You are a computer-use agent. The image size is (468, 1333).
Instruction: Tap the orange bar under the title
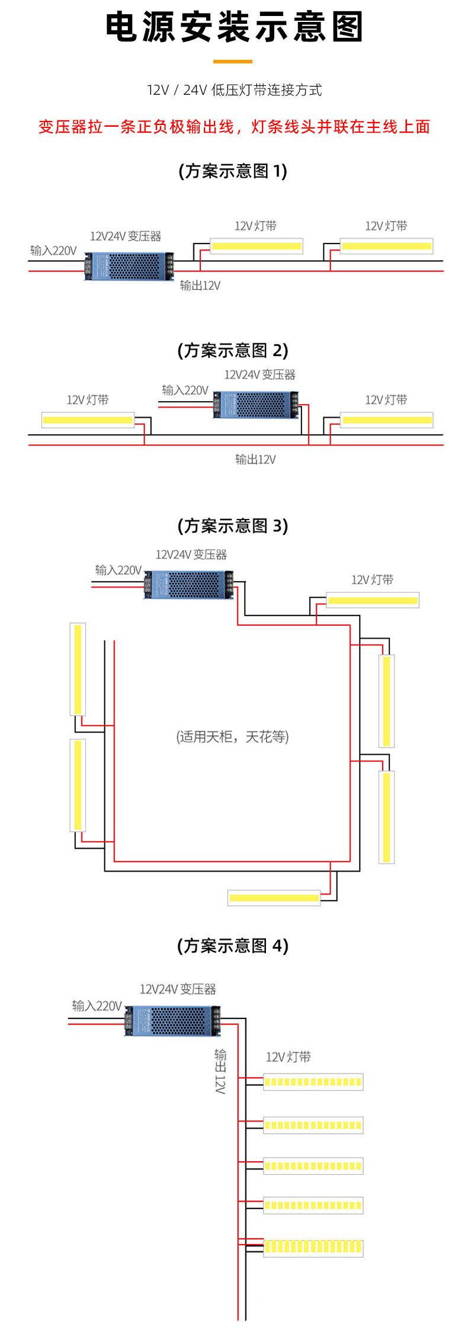(232, 61)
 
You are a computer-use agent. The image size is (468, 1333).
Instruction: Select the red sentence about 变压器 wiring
(234, 126)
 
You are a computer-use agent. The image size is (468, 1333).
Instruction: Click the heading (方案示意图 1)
(233, 171)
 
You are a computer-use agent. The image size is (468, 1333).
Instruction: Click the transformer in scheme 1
(130, 265)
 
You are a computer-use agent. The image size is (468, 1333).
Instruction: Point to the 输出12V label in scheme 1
(200, 286)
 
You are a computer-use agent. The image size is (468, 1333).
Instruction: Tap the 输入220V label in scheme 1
(53, 251)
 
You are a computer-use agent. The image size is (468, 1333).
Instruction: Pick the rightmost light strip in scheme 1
(387, 246)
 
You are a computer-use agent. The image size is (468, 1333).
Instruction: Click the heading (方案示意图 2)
(233, 350)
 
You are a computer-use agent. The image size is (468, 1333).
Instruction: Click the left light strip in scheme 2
(88, 421)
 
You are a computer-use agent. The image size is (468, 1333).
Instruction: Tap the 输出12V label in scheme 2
(255, 459)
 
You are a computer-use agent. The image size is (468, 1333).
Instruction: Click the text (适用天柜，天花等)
(233, 737)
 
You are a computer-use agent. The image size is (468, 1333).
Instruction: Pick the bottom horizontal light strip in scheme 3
(274, 898)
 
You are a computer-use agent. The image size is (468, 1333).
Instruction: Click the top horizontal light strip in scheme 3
(373, 600)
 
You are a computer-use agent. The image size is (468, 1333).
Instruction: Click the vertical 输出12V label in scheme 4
(221, 1072)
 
